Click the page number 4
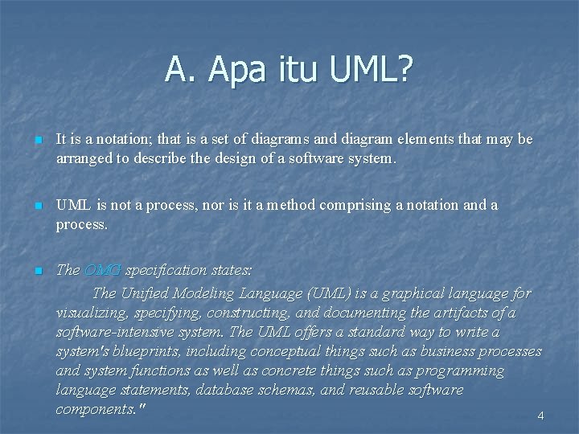point(540,416)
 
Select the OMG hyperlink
point(102,270)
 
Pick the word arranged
point(84,158)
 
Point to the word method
point(293,205)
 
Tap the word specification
point(163,270)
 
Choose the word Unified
point(151,293)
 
